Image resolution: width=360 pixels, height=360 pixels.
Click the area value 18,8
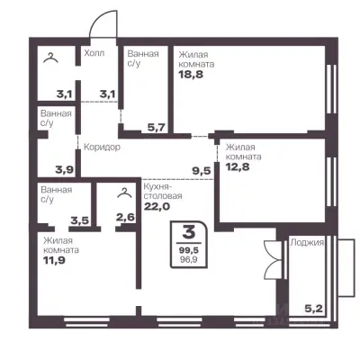[x=191, y=74]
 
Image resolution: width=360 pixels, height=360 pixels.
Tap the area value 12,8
[x=238, y=166]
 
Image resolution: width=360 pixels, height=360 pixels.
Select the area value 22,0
[x=157, y=206]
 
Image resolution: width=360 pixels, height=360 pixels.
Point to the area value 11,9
[x=54, y=260]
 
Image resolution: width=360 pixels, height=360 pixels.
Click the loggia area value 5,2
[x=315, y=309]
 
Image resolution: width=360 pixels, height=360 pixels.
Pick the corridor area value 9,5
[x=202, y=171]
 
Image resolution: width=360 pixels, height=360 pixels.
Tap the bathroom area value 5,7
[x=157, y=128]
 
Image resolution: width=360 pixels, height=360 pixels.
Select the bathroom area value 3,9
[x=64, y=170]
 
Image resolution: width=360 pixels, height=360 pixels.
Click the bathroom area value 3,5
[x=79, y=221]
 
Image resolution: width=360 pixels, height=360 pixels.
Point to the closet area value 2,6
[x=125, y=217]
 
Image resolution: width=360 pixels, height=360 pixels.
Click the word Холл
[x=94, y=53]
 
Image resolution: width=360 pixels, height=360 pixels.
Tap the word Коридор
[x=102, y=148]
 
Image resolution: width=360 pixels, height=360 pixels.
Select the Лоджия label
[x=307, y=242]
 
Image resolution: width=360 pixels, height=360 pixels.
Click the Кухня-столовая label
[x=163, y=191]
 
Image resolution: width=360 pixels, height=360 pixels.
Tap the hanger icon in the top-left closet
[x=50, y=58]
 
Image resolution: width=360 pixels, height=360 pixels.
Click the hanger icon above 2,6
[x=125, y=193]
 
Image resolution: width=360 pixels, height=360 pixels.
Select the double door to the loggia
[x=272, y=259]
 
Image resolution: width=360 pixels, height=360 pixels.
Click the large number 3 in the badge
[x=189, y=232]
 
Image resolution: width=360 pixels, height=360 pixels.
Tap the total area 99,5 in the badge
[x=189, y=250]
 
